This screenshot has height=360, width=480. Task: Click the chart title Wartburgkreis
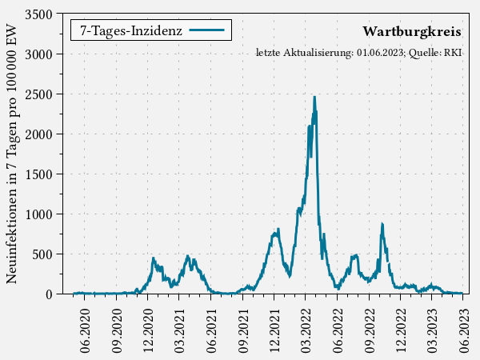pyautogui.click(x=411, y=32)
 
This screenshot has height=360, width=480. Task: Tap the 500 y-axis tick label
pyautogui.click(x=43, y=254)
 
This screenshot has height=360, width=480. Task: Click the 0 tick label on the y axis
pyautogui.click(x=50, y=294)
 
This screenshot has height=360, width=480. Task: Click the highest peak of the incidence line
pyautogui.click(x=314, y=97)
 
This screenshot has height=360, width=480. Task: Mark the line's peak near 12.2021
pyautogui.click(x=278, y=230)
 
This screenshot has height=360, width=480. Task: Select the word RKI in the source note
pyautogui.click(x=453, y=53)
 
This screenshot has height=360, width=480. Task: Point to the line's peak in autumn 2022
pyautogui.click(x=382, y=225)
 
